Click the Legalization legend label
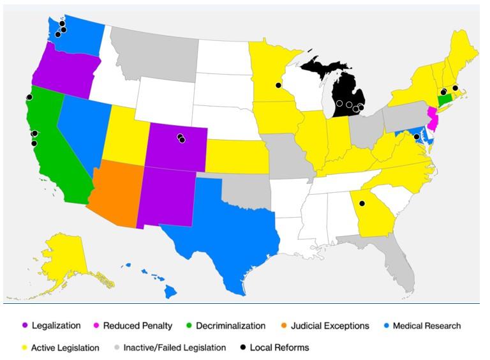click(x=56, y=326)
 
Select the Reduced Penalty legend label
click(x=138, y=326)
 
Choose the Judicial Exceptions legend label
click(x=330, y=326)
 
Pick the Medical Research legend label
click(x=427, y=326)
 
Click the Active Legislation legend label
click(x=65, y=348)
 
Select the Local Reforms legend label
click(x=279, y=348)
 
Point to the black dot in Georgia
click(x=362, y=204)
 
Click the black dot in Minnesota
click(x=278, y=85)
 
